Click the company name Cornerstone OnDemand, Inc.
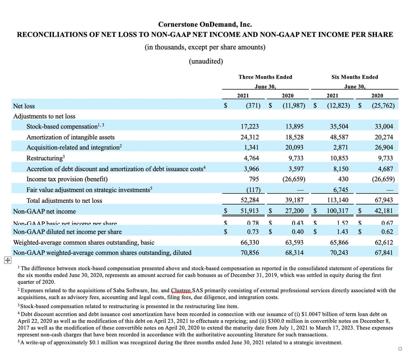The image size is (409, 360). coord(205,24)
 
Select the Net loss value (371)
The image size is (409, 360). coord(253,106)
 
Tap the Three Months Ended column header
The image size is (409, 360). coord(265,77)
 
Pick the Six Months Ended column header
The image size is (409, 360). coord(355,77)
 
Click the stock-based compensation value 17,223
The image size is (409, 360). coord(249,127)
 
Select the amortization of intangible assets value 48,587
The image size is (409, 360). coord(339,137)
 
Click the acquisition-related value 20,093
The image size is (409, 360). coord(294,147)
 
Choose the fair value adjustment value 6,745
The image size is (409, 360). coord(341,190)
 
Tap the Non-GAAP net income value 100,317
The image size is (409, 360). coord(337,211)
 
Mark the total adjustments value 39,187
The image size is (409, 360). coord(294,200)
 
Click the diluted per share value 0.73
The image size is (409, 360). coord(253,232)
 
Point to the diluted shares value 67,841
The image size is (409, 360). coord(384,253)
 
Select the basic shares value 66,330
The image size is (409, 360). coord(249,242)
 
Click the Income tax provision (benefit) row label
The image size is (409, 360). coord(67,179)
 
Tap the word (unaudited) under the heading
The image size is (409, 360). coord(206,61)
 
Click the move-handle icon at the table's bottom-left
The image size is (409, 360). coord(8,260)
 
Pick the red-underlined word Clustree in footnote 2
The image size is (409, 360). coord(181,291)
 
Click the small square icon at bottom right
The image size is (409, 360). coord(400,349)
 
